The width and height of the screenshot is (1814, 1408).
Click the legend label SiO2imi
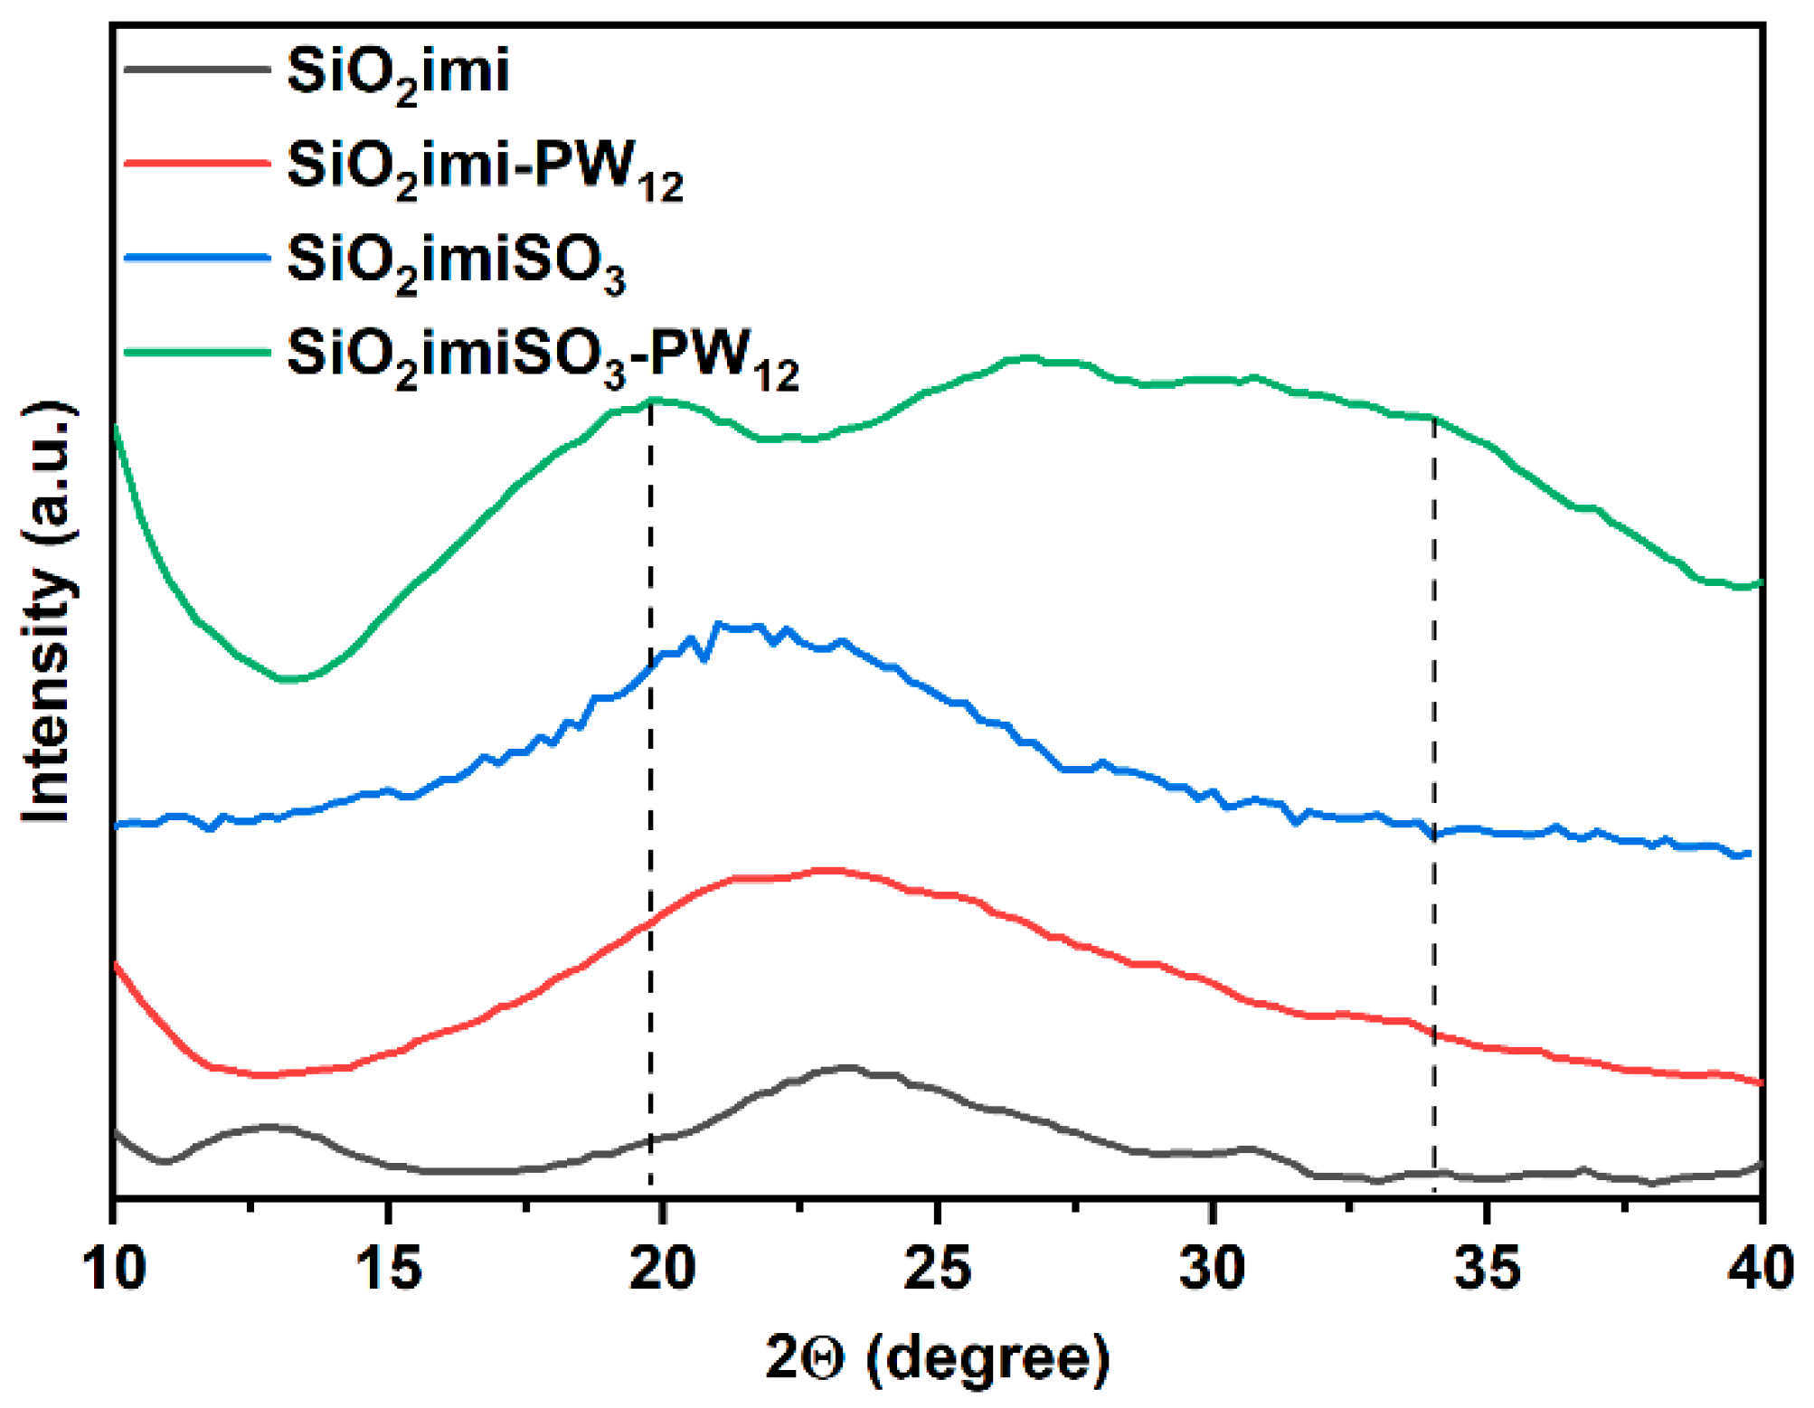[398, 72]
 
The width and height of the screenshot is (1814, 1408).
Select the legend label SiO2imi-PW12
[485, 168]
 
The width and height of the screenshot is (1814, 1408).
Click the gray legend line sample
[197, 70]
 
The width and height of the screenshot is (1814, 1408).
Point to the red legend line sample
[197, 164]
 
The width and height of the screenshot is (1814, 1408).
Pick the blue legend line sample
[197, 258]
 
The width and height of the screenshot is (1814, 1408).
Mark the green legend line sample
[197, 352]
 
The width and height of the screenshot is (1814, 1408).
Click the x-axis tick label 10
[114, 1268]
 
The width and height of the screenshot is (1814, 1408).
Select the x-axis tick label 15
[389, 1268]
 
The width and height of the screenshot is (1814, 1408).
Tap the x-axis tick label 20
[663, 1268]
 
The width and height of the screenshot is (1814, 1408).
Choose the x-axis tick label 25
[938, 1268]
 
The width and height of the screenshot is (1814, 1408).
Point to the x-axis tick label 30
[1213, 1268]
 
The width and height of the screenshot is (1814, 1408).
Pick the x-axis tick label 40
[1760, 1268]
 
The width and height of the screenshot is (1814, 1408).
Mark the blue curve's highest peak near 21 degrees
[719, 623]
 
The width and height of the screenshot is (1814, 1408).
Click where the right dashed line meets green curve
[1434, 418]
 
